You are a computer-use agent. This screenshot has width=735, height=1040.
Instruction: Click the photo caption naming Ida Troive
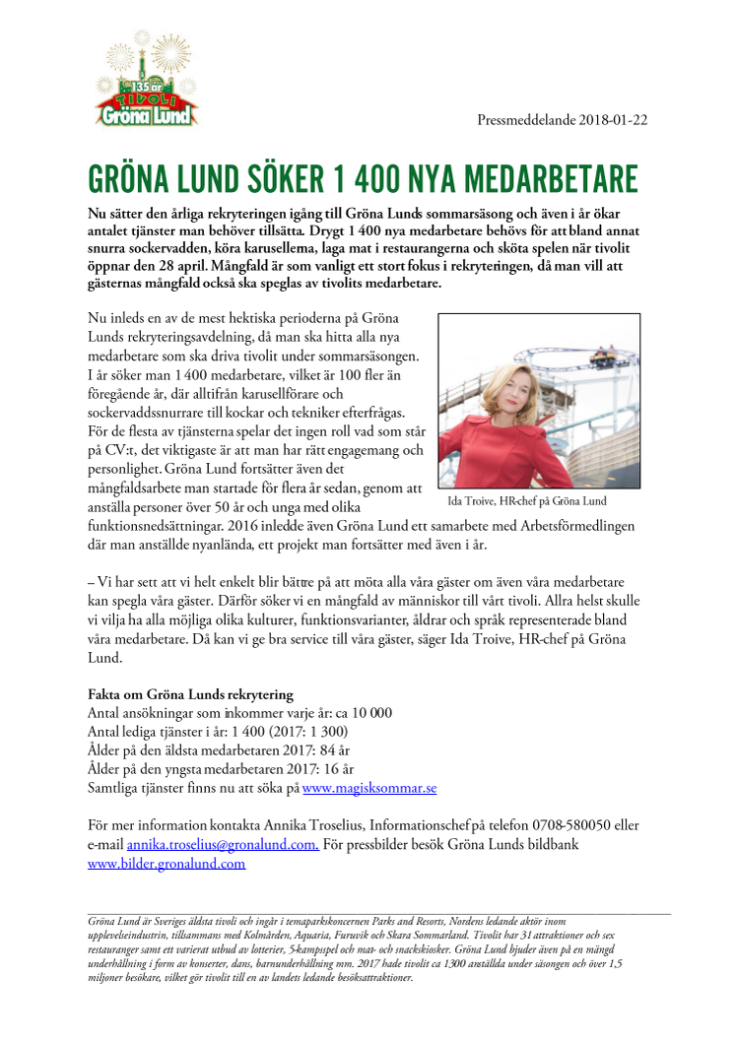click(x=526, y=500)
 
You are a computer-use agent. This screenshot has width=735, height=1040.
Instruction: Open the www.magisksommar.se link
click(x=369, y=788)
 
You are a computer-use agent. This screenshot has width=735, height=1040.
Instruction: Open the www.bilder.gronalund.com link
click(x=167, y=864)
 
